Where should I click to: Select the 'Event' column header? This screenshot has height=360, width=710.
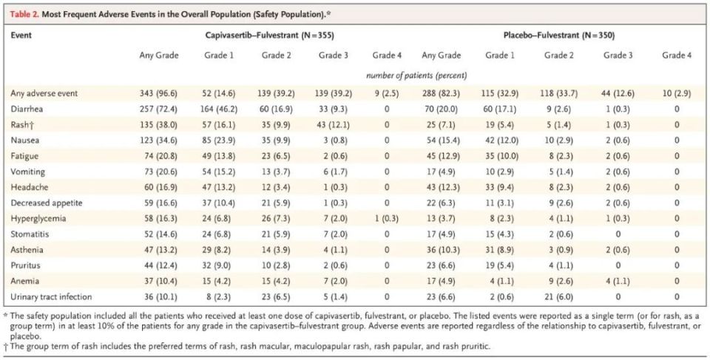point(21,35)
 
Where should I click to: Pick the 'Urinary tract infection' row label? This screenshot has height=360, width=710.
point(51,296)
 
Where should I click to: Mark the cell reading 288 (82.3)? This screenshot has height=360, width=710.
point(441,94)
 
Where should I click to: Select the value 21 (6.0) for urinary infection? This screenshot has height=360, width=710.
point(559,296)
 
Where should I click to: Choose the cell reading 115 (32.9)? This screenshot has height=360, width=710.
point(501,94)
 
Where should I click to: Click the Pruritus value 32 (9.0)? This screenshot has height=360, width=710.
point(218,265)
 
